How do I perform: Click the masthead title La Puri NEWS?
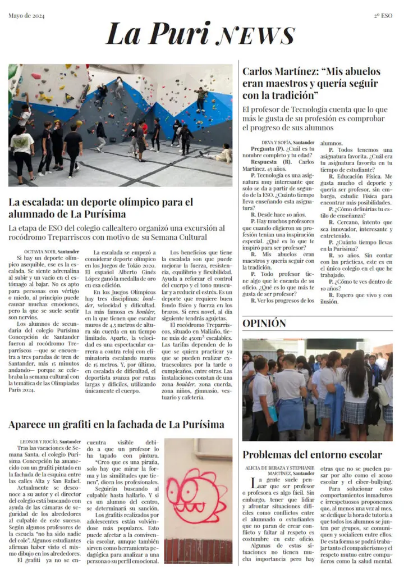(x=200, y=34)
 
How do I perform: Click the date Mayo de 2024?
(x=26, y=16)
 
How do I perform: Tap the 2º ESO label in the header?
(x=384, y=16)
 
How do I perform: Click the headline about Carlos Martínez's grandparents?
(x=311, y=83)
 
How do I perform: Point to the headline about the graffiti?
(x=116, y=425)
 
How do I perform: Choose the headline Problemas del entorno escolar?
(x=312, y=455)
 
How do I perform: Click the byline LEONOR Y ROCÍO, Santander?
(x=50, y=442)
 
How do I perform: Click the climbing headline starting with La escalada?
(x=101, y=208)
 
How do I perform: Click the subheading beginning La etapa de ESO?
(x=116, y=233)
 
